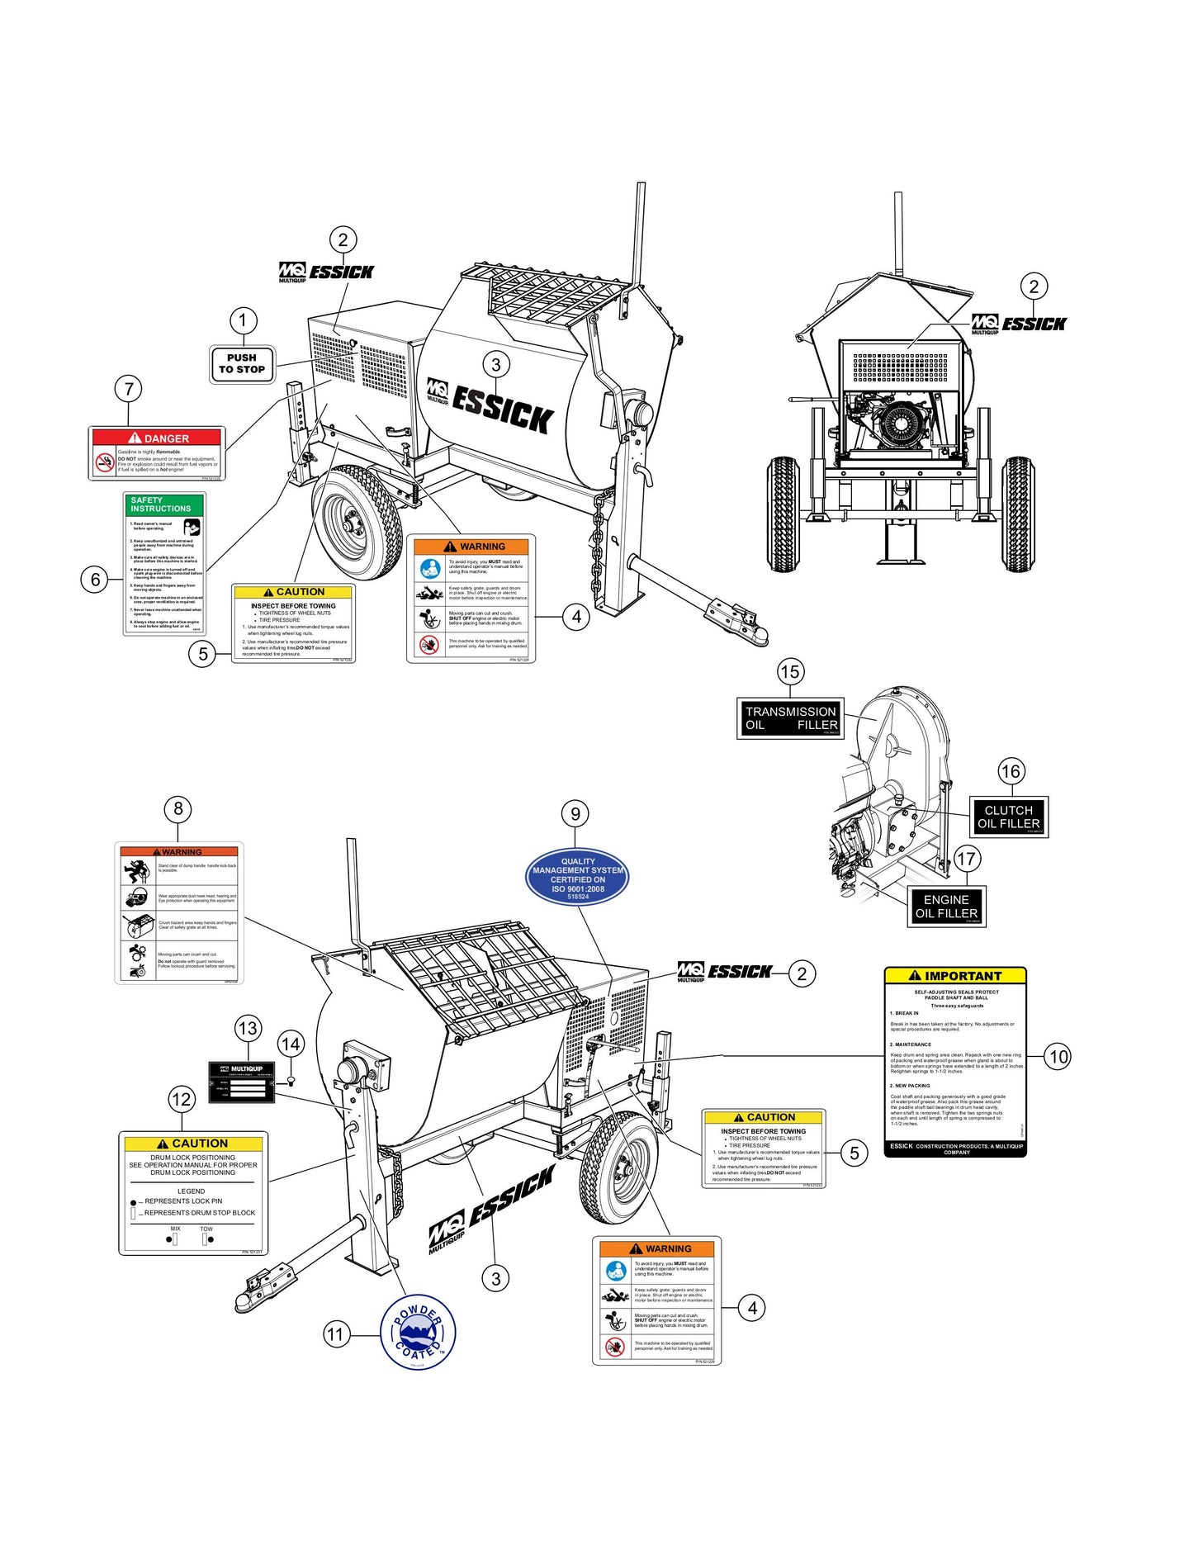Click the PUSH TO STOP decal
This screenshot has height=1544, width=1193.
coord(241,364)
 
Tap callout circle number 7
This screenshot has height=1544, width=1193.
coord(128,388)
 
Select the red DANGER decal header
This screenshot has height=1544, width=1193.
coord(157,438)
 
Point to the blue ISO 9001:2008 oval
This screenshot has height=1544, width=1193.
coord(577,878)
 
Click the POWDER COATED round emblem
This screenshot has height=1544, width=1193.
coord(418,1333)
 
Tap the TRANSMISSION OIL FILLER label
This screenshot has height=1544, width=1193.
coord(790,718)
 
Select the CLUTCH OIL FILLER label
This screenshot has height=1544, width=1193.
coord(1008,817)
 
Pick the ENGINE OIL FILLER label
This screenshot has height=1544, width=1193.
coord(946,907)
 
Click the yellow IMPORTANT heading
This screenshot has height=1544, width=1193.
coord(955,975)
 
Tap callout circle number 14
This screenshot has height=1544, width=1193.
coord(291,1044)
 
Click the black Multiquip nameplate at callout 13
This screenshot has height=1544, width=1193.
coord(240,1081)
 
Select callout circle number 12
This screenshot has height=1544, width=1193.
coord(182,1099)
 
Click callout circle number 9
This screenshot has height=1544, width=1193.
coord(575,813)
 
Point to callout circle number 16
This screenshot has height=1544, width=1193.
coord(1011,771)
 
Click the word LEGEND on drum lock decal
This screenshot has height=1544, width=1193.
coord(191,1191)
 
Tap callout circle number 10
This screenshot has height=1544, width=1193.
coord(1058,1056)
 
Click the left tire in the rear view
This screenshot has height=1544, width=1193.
coord(783,514)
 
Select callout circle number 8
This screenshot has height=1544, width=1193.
coord(178,808)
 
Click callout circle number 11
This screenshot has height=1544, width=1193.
coord(334,1334)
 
